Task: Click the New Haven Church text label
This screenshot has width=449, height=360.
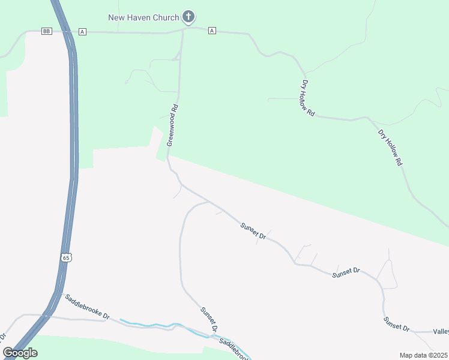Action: (143, 17)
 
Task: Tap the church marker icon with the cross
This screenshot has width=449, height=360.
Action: (188, 17)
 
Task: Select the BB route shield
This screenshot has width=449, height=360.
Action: (47, 31)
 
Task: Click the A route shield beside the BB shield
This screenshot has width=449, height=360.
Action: (82, 31)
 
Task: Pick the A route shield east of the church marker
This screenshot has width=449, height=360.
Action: (212, 31)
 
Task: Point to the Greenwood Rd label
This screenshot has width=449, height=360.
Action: (173, 125)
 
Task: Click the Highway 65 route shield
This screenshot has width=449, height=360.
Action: (66, 257)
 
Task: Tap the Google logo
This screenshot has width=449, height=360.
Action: (20, 353)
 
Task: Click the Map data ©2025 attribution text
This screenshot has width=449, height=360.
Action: (423, 355)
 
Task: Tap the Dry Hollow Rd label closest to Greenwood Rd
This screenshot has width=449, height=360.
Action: (308, 97)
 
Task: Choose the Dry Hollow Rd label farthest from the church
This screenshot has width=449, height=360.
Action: (390, 147)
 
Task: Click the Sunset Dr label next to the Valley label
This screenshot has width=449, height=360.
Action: (397, 323)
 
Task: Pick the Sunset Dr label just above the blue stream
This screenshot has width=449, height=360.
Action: (208, 320)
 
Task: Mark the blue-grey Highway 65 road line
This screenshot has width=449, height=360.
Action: (74, 150)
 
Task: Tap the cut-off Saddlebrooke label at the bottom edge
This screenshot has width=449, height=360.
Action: (234, 349)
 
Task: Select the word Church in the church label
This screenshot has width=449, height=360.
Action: (166, 17)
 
